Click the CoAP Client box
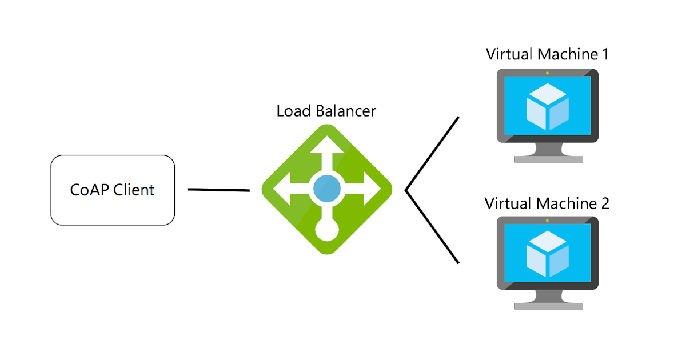113,190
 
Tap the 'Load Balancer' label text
326,111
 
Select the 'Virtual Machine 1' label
547,54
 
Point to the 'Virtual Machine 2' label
547,203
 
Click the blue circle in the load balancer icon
327,189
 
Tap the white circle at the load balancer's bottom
327,230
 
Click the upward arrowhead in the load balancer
327,144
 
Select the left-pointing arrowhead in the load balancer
281,189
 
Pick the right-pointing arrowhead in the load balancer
372,189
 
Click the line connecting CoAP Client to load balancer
218,190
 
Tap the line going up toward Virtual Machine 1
432,153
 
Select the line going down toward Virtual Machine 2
432,227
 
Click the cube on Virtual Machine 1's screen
547,106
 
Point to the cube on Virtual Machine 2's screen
547,254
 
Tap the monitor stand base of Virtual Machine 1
548,159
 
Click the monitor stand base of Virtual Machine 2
548,306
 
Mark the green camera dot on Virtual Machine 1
547,73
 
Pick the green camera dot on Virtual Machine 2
547,221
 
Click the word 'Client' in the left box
134,190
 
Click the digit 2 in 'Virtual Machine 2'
605,203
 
